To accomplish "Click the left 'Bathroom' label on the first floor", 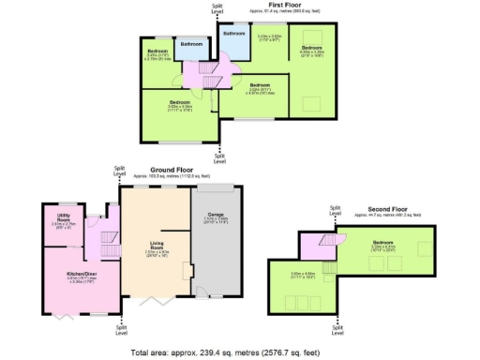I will [191, 44].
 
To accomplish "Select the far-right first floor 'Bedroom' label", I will [311, 47].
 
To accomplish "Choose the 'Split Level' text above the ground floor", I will [119, 171].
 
